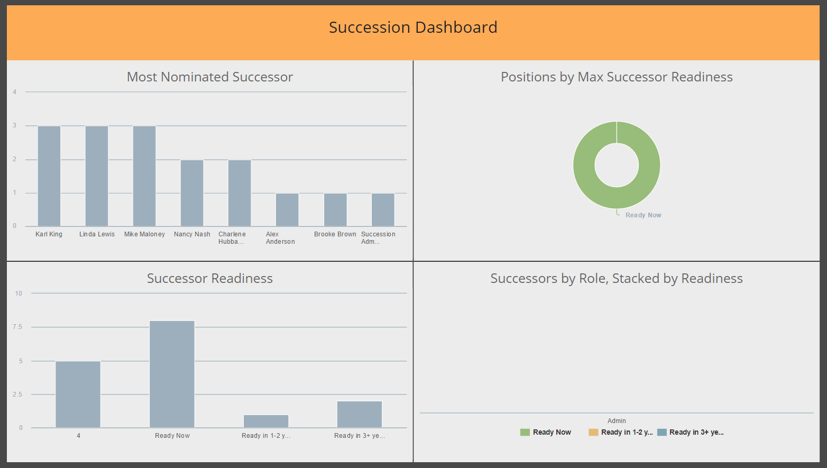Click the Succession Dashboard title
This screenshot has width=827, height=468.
[x=413, y=27]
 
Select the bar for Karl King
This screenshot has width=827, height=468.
[x=49, y=176]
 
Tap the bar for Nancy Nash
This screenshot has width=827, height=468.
[x=192, y=193]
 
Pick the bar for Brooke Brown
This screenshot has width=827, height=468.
[x=335, y=209]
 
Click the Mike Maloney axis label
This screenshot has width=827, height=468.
[x=144, y=234]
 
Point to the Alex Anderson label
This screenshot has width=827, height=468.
[x=280, y=237]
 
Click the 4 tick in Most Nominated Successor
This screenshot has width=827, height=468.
[x=15, y=92]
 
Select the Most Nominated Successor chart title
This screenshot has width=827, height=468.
[x=210, y=77]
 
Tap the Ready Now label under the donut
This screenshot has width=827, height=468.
[x=643, y=215]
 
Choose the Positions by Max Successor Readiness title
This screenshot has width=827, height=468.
[x=617, y=77]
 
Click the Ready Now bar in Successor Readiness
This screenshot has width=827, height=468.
[x=172, y=374]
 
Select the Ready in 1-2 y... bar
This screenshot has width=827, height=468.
[x=266, y=421]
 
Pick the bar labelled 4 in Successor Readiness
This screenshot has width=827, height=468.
[x=78, y=394]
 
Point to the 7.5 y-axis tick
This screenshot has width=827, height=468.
[x=17, y=327]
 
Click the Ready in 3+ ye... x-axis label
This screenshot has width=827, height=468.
[x=360, y=436]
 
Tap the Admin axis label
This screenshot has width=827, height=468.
[x=617, y=421]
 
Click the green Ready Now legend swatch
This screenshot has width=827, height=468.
[x=525, y=432]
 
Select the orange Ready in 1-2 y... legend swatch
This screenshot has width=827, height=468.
[x=593, y=432]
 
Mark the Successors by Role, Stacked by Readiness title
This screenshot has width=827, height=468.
[x=617, y=278]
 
